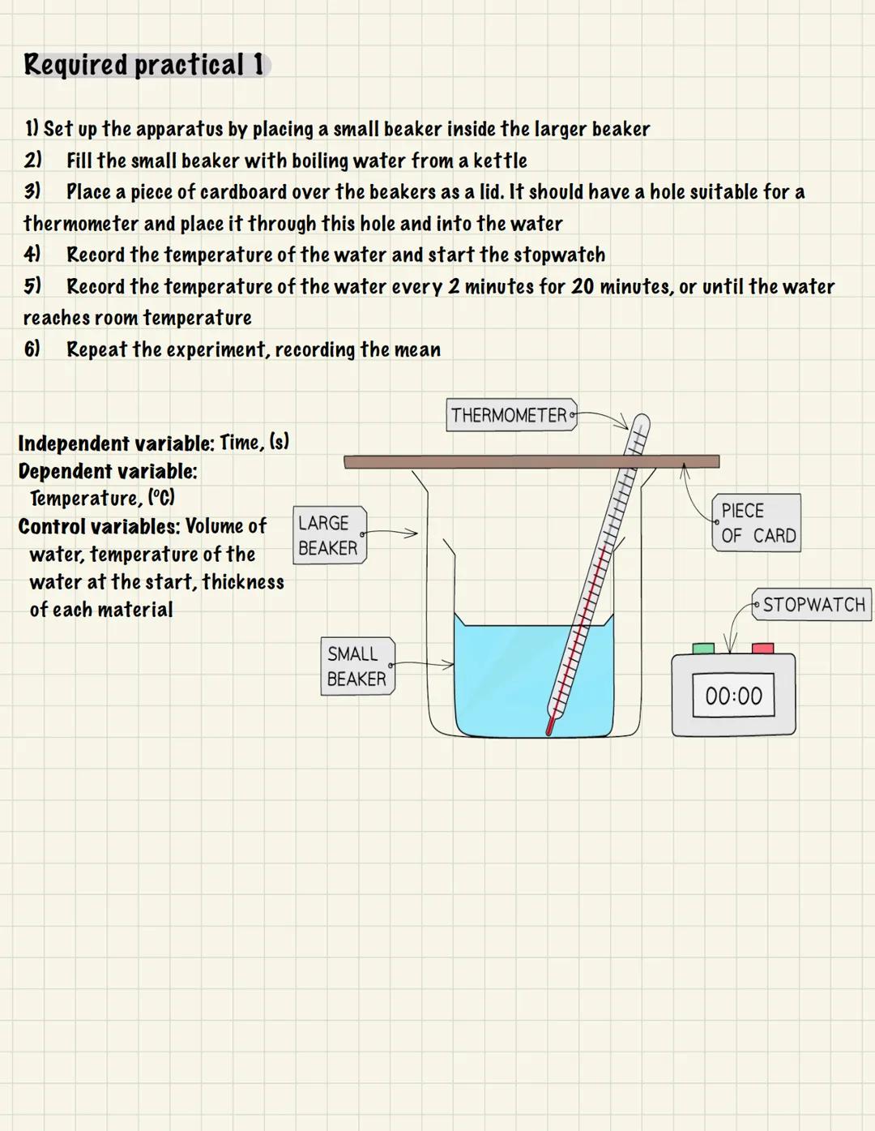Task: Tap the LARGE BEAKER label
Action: click(x=329, y=535)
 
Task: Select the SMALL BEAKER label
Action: click(x=357, y=666)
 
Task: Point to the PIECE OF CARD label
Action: click(x=757, y=523)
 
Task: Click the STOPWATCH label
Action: click(x=812, y=605)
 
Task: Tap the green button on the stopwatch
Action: click(x=703, y=649)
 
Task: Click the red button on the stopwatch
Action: click(x=762, y=649)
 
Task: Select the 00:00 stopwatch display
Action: click(x=733, y=696)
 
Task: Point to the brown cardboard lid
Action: click(x=486, y=461)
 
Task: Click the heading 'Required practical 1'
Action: click(x=143, y=65)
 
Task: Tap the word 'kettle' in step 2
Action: click(x=500, y=161)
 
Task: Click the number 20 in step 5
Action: click(x=583, y=286)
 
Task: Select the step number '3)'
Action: click(x=32, y=191)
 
